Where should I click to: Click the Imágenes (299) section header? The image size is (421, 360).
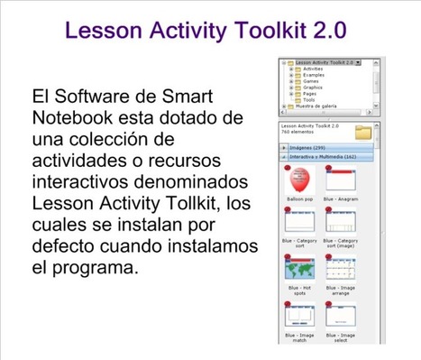[x=307, y=146]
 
